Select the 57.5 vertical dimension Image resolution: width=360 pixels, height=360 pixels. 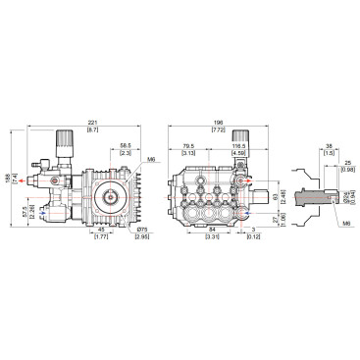(x=23, y=211)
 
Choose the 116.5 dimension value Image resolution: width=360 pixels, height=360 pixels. (x=237, y=145)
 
